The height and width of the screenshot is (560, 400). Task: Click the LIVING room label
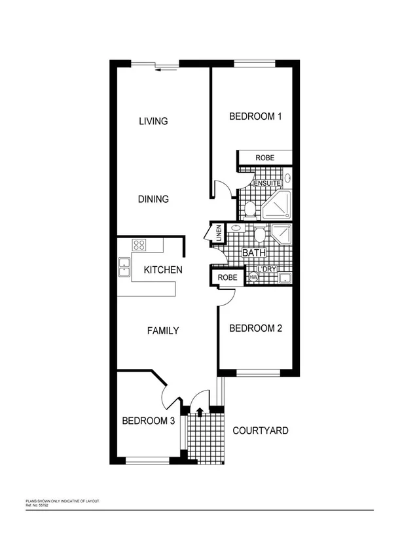[x=154, y=121]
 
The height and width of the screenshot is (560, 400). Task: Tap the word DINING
[x=154, y=200]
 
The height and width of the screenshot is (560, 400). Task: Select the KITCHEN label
[x=163, y=270]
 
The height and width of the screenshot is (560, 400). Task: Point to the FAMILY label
[x=162, y=331]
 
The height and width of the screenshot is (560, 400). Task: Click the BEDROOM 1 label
[x=255, y=117]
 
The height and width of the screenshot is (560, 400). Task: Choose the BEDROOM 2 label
[x=255, y=328]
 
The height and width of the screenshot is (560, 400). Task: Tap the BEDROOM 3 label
[x=149, y=421]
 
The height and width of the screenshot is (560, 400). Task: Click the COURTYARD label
[x=261, y=431]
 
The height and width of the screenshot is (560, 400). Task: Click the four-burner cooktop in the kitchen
[x=139, y=245]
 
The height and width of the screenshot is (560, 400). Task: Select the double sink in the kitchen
[x=124, y=267]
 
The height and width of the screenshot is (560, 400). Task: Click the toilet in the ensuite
[x=249, y=209]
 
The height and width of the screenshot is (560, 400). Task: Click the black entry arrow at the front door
[x=199, y=411]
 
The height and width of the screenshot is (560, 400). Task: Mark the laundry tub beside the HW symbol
[x=283, y=279]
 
